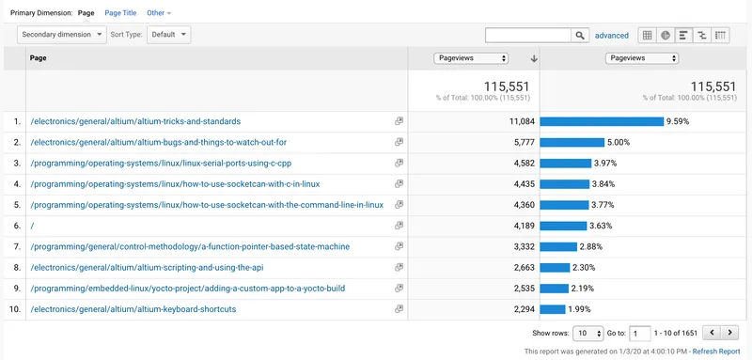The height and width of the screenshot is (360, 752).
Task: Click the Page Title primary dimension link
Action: pyautogui.click(x=120, y=13)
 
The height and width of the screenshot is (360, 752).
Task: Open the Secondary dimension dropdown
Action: pyautogui.click(x=62, y=35)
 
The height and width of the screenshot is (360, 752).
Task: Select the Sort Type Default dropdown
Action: pyautogui.click(x=169, y=35)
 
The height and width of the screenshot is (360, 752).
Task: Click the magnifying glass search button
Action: pyautogui.click(x=580, y=35)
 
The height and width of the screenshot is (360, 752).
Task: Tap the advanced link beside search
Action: pyautogui.click(x=612, y=36)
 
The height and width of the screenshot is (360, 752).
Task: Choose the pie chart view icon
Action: pyautogui.click(x=666, y=35)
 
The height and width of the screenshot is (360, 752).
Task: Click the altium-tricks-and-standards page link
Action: pyautogui.click(x=135, y=121)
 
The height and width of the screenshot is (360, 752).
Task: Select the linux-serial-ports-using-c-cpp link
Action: pyautogui.click(x=161, y=163)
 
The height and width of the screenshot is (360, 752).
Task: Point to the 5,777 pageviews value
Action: pyautogui.click(x=524, y=142)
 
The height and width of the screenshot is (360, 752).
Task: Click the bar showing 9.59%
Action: pyautogui.click(x=602, y=121)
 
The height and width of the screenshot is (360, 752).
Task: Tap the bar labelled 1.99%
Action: pyautogui.click(x=553, y=309)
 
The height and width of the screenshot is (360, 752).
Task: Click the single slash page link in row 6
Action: pyautogui.click(x=32, y=226)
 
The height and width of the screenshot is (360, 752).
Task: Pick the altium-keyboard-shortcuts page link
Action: pyautogui.click(x=133, y=309)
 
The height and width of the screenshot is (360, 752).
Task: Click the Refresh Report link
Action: pyautogui.click(x=716, y=352)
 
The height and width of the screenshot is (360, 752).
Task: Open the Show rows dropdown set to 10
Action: pyautogui.click(x=588, y=333)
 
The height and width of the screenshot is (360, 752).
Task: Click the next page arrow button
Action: pyautogui.click(x=729, y=332)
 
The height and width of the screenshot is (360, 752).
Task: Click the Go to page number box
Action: pyautogui.click(x=640, y=333)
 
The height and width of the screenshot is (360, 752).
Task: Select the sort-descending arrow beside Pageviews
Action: pyautogui.click(x=534, y=58)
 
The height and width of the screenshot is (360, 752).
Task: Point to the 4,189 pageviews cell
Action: pyautogui.click(x=524, y=226)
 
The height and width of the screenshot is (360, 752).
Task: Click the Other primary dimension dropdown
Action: pyautogui.click(x=159, y=13)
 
